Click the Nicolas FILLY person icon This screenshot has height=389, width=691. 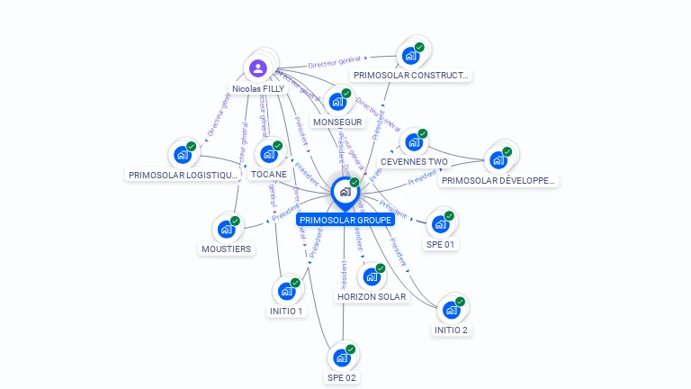point(258,68)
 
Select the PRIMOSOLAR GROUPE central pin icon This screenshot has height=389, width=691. point(344,192)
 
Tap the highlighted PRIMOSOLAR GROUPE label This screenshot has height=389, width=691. point(345,220)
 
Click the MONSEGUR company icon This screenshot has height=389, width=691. point(337,102)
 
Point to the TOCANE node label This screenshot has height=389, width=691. point(269,174)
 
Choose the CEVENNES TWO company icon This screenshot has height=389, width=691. point(413,142)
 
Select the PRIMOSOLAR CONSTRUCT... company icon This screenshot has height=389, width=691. point(411,56)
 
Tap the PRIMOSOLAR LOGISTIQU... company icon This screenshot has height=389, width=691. point(184,155)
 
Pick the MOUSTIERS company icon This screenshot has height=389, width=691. point(226,230)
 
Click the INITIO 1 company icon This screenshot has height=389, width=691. point(286,291)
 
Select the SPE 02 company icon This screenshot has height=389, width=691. point(342,357)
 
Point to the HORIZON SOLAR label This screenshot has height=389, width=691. point(371,296)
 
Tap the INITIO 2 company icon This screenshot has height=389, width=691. point(451,310)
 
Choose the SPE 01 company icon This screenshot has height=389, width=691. point(440,224)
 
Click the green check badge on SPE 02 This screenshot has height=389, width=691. point(351,348)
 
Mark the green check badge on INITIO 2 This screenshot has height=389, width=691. point(460,301)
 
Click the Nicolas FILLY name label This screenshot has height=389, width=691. point(258,89)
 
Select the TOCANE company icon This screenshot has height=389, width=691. point(268,154)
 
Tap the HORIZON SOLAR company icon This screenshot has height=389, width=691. point(371,276)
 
